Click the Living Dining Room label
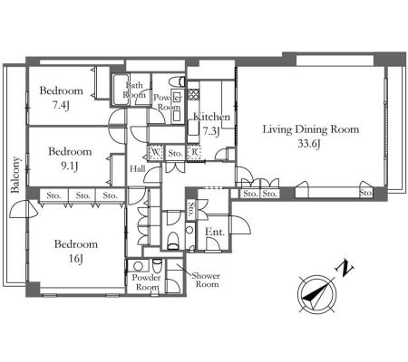[311, 129]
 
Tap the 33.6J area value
[309, 144]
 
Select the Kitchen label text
[211, 117]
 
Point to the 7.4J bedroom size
[61, 105]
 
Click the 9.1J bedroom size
[70, 166]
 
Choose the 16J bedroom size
[75, 259]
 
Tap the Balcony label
[15, 175]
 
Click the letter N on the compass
[344, 268]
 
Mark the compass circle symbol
[316, 293]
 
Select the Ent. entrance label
[215, 232]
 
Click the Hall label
[138, 168]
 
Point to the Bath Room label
[134, 90]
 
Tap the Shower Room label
[207, 280]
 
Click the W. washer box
[155, 152]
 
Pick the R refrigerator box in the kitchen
[193, 152]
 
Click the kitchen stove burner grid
[193, 94]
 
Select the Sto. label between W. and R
[175, 154]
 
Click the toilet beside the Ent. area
[173, 241]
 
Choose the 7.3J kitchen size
[210, 131]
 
